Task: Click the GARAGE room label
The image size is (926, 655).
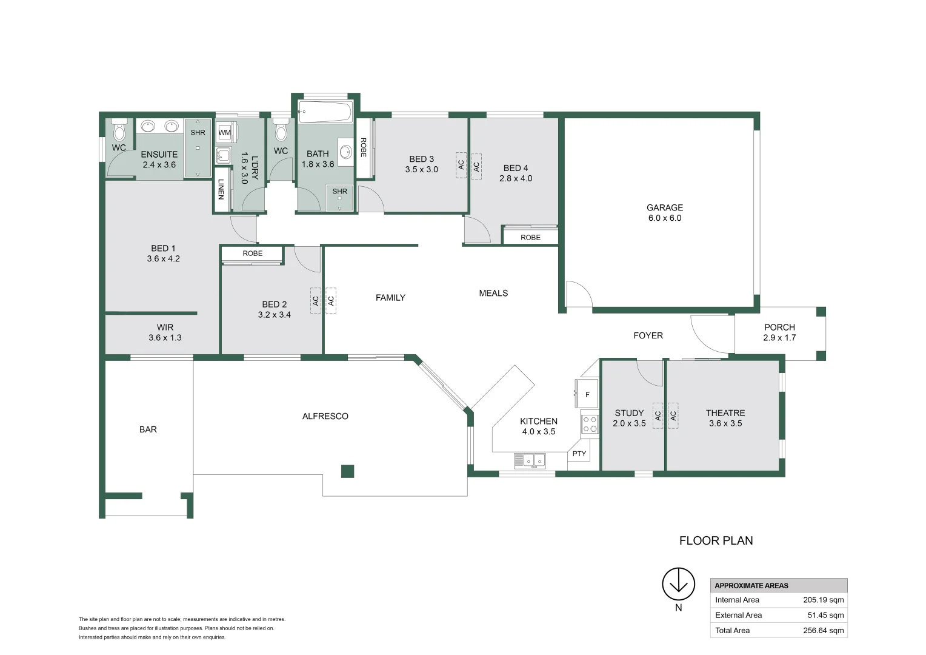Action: pos(664,207)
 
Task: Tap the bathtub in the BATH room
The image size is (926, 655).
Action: pos(325,112)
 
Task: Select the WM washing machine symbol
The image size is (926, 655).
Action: pos(225,132)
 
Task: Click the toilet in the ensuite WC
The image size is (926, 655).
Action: pos(119,130)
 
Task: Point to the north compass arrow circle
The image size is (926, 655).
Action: pos(678,584)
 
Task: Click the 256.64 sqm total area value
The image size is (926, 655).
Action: pos(823,630)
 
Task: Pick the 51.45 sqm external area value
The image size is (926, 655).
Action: pos(825,615)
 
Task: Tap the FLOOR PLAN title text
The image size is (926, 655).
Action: pos(716,540)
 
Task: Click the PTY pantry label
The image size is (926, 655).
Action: pos(579,454)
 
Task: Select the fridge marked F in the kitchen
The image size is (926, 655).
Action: pos(587,394)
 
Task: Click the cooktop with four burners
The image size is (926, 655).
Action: pos(589,423)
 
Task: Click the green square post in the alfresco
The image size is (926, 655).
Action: pos(347,471)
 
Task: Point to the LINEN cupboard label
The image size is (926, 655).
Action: pos(221,189)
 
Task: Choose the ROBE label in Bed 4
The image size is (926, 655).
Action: pos(530,237)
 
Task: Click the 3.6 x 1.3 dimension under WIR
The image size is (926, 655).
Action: pos(165,338)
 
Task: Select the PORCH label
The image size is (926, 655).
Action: pos(779,327)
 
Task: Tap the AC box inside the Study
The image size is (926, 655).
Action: pos(658,415)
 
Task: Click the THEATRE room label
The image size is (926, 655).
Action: pos(725,413)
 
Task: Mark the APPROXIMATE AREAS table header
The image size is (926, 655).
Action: pos(751,586)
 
